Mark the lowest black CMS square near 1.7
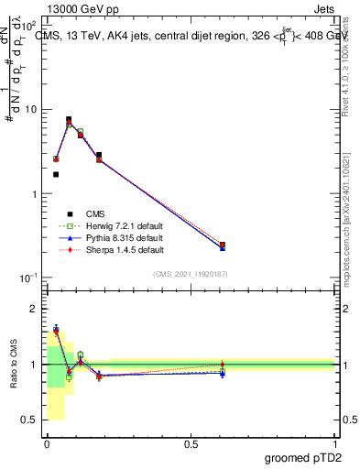(56, 174)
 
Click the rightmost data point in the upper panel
(223, 245)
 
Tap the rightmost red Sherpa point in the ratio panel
(223, 365)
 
